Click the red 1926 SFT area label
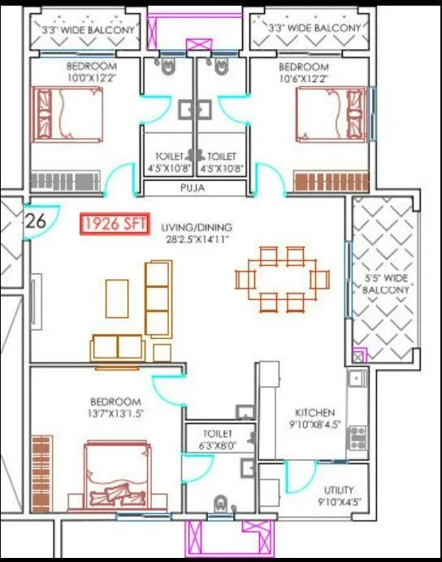coord(114,225)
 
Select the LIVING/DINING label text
coord(196,226)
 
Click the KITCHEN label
coord(314,413)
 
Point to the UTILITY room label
coord(338,490)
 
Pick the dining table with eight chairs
coord(281,280)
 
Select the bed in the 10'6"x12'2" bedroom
coord(331,114)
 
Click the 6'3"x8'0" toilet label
coord(219,439)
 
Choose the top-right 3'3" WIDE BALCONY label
coord(314,28)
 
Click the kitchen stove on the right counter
coord(356,439)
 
